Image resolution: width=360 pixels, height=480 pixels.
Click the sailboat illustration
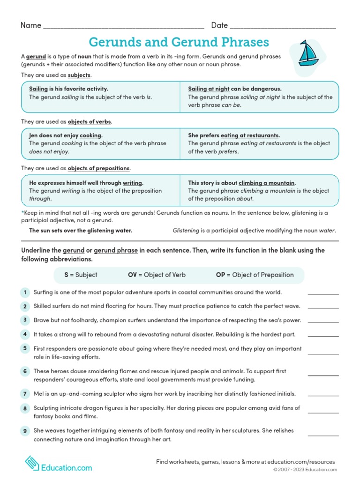[309, 54]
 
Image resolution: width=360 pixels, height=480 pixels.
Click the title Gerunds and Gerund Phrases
[179, 42]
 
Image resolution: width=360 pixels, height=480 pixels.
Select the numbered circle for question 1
[24, 292]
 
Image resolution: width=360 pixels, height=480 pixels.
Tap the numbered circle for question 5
[24, 348]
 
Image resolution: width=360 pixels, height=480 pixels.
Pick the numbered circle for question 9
[24, 431]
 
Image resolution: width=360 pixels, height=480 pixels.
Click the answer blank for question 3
[323, 322]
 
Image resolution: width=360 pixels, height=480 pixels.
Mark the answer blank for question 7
[323, 395]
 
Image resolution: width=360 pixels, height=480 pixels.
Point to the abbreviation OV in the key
[132, 275]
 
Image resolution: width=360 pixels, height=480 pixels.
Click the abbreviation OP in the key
[220, 275]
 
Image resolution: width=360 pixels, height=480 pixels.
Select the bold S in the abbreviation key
[66, 275]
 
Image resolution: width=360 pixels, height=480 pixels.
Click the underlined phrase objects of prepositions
[99, 168]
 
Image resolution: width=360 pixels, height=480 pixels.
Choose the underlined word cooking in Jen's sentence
[91, 135]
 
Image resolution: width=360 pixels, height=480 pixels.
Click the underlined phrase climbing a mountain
[267, 183]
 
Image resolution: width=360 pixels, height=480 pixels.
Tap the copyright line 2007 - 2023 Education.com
[305, 470]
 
